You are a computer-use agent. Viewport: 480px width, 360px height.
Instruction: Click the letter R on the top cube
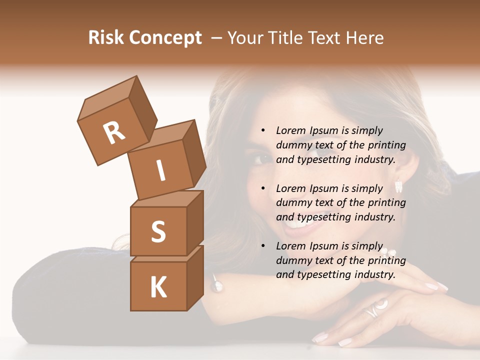[x=114, y=133]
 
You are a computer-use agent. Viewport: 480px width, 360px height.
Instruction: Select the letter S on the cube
[x=158, y=231]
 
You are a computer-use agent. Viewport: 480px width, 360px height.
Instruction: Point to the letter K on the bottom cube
[x=158, y=287]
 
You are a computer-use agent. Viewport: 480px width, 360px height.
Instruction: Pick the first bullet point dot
[x=263, y=130]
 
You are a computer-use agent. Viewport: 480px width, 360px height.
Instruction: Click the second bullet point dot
[x=263, y=188]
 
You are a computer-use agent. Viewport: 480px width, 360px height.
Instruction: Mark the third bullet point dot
[x=263, y=246]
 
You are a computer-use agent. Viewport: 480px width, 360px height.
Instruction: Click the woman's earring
[x=398, y=186]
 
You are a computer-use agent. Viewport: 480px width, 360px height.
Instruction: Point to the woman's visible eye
[x=260, y=159]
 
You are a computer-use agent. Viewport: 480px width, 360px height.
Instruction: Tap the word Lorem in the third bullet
[x=290, y=246]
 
